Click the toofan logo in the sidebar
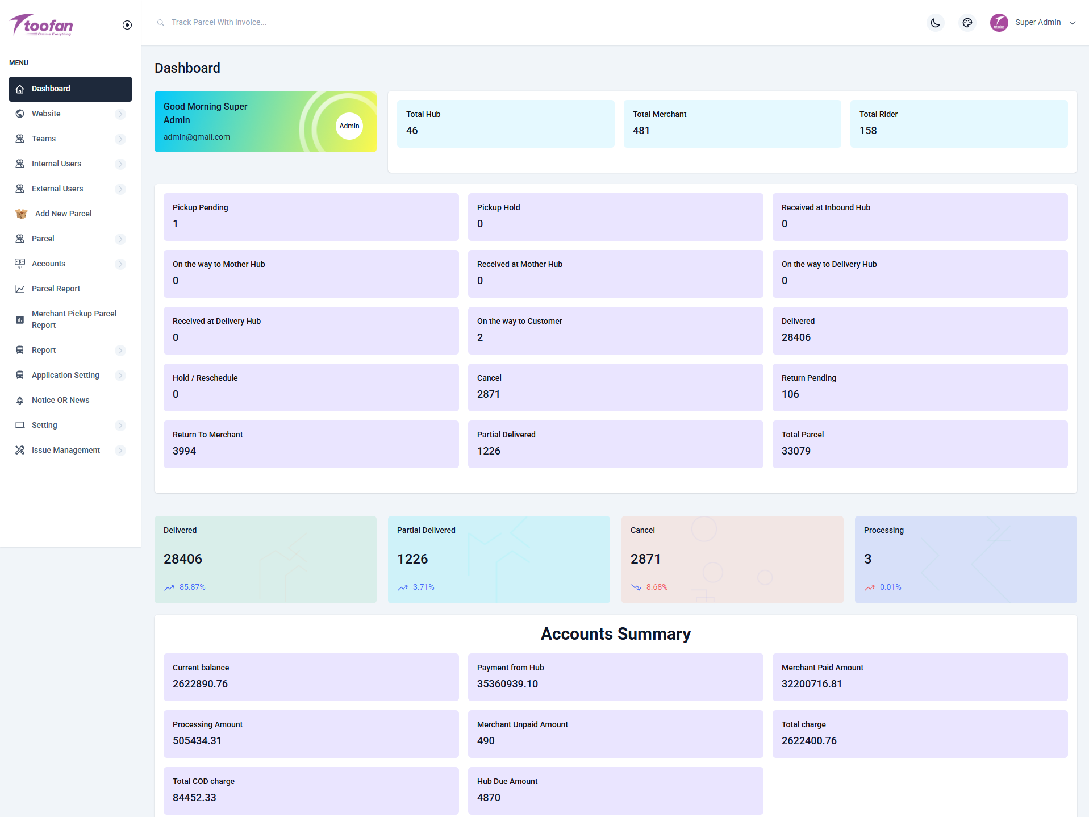click(x=41, y=25)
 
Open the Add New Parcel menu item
click(x=63, y=214)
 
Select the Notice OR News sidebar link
click(x=60, y=400)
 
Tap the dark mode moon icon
click(x=935, y=23)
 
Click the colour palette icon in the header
click(x=967, y=23)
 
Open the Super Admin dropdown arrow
click(x=1073, y=23)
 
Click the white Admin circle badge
click(x=349, y=126)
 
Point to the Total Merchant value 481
click(x=641, y=131)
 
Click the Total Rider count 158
click(x=867, y=131)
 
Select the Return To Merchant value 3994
click(x=184, y=451)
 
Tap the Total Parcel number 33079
click(x=795, y=451)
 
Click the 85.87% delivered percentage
click(x=192, y=587)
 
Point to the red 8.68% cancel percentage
click(x=657, y=587)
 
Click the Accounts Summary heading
click(x=615, y=634)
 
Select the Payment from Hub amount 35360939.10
click(x=507, y=684)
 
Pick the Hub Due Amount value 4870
click(x=489, y=798)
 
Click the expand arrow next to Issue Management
click(x=120, y=451)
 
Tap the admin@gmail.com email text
click(x=197, y=137)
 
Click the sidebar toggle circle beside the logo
click(x=127, y=25)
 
